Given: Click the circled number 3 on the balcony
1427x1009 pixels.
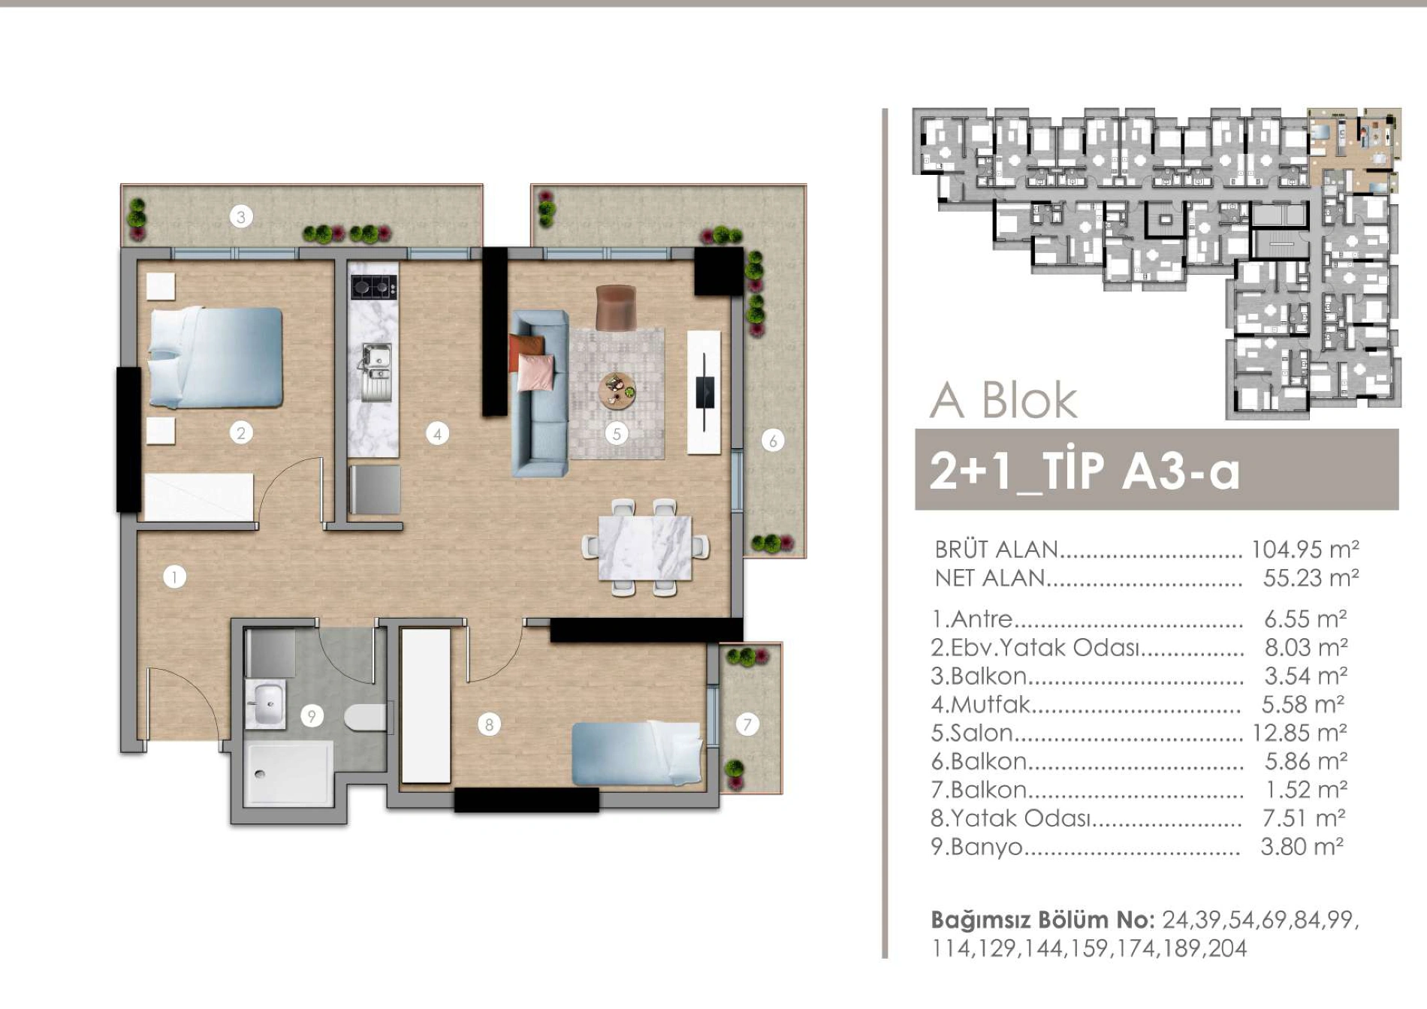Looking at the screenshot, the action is pos(241,217).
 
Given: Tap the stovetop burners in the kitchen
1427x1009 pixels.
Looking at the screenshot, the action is pos(374,286).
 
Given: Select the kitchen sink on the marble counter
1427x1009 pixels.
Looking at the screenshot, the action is pos(376,371).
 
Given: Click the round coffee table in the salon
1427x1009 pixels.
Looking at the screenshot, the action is pos(617,390).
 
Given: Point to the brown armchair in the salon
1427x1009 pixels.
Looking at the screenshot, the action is pos(616,307).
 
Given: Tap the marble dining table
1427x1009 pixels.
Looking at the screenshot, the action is pos(645,547).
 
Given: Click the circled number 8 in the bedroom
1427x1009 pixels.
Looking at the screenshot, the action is pos(489,724).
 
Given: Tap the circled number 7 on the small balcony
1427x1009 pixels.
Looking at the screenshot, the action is pos(747,724).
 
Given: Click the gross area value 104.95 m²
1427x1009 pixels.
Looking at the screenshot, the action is pos(1305,550).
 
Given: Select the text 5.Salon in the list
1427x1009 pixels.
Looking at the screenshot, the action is pos(972,733).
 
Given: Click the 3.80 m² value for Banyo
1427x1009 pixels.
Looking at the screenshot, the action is pos(1302,846).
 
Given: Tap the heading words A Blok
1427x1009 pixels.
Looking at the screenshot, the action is pos(1004,400).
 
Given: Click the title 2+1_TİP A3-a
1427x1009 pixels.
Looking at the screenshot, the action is pos(1084,471).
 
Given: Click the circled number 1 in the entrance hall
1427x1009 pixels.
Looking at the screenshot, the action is pos(174,577).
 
